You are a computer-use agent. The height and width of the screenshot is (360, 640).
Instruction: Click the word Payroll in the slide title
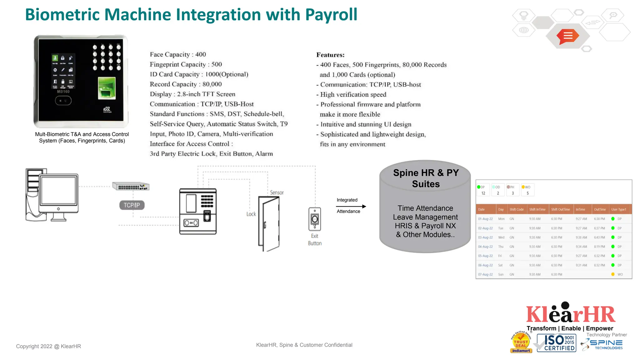(331, 15)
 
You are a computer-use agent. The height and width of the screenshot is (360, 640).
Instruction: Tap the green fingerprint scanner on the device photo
(107, 88)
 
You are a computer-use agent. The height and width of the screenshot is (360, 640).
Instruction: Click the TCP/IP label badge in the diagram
(132, 205)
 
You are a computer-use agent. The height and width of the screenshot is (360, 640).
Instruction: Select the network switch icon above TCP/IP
(131, 186)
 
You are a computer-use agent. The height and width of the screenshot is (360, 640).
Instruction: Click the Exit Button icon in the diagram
(315, 219)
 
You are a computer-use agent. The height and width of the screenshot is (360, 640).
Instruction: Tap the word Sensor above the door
(277, 192)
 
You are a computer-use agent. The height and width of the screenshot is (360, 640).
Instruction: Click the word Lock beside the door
(251, 214)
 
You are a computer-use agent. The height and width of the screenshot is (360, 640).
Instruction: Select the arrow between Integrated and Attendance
(351, 206)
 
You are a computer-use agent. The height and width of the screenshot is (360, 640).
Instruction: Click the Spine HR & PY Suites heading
(426, 178)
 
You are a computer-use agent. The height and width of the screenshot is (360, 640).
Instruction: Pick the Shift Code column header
(517, 209)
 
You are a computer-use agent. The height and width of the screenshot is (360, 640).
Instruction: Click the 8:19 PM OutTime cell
(599, 247)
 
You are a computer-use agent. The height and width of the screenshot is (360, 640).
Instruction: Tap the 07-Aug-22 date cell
(485, 274)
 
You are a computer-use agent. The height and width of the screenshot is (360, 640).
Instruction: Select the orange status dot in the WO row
(613, 274)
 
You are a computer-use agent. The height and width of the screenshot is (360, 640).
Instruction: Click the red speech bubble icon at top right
(568, 36)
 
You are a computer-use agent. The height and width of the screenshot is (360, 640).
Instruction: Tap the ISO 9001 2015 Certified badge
(557, 343)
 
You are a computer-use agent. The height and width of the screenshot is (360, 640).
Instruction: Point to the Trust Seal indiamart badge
(521, 343)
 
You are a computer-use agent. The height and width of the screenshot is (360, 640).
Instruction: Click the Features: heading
(330, 55)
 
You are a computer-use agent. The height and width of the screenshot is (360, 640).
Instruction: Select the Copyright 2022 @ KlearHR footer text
(48, 346)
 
